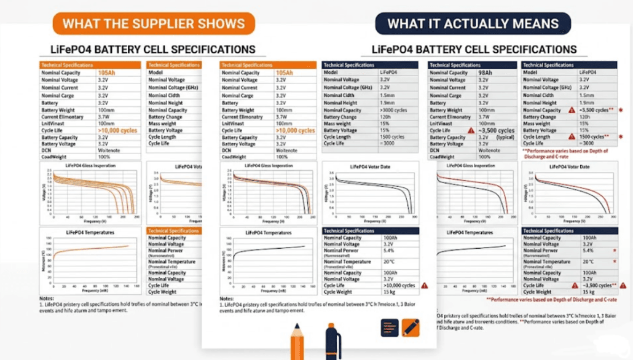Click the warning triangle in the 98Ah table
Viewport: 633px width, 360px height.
point(471,130)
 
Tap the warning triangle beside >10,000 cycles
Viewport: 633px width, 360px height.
point(424,286)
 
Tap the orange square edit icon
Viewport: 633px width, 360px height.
point(411,327)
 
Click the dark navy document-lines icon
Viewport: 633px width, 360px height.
point(390,327)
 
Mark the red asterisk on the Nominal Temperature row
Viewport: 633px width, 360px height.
point(615,261)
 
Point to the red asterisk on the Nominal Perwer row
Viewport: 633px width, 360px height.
point(615,251)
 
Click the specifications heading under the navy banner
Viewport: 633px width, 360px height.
point(474,49)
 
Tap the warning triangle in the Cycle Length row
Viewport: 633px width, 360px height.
point(572,136)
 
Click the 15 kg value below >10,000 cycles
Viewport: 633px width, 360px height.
point(389,292)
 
